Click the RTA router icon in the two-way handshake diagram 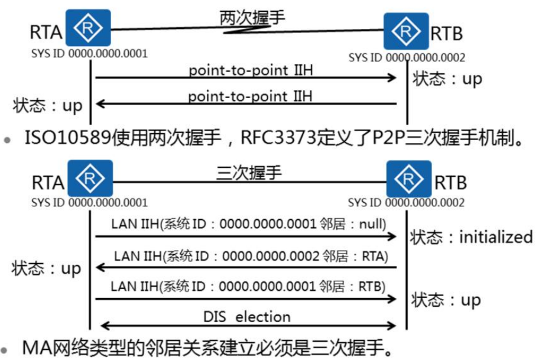(x=88, y=28)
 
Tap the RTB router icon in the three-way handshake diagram (x=408, y=178)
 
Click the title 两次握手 (x=252, y=18)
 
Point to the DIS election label (x=248, y=316)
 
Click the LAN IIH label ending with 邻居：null (x=248, y=224)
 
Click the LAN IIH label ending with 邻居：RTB (x=248, y=287)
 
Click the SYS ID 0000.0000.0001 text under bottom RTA (x=89, y=203)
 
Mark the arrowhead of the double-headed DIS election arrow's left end (x=104, y=325)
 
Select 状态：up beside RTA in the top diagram (x=47, y=106)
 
